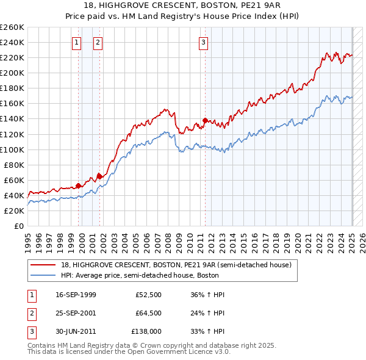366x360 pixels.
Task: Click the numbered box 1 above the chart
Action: click(x=76, y=43)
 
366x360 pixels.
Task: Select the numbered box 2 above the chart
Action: click(x=98, y=43)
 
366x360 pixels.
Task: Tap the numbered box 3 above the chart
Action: click(x=203, y=43)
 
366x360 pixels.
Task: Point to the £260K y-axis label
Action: click(x=12, y=27)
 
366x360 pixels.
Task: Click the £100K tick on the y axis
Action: click(x=12, y=149)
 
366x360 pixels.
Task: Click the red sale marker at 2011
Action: click(x=206, y=120)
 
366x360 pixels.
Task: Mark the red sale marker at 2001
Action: click(x=99, y=176)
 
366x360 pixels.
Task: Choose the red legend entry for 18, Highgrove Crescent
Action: click(x=176, y=265)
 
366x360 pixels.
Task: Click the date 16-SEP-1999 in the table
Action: click(x=76, y=295)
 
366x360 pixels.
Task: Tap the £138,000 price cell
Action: click(x=146, y=332)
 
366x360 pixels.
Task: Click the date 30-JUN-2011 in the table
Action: click(x=76, y=332)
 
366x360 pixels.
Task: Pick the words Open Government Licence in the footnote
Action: click(x=174, y=352)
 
